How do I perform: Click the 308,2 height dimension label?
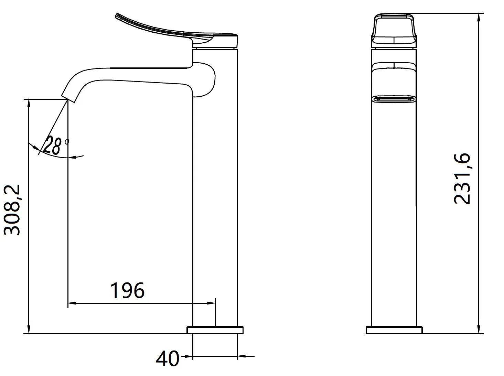[12, 210]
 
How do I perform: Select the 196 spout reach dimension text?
[127, 290]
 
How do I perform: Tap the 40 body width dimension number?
[168, 358]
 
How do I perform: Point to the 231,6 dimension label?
[462, 179]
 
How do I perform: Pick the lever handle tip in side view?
[117, 15]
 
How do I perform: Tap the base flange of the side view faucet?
[215, 330]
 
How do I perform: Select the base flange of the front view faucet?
[394, 330]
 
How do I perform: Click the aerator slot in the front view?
[394, 99]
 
